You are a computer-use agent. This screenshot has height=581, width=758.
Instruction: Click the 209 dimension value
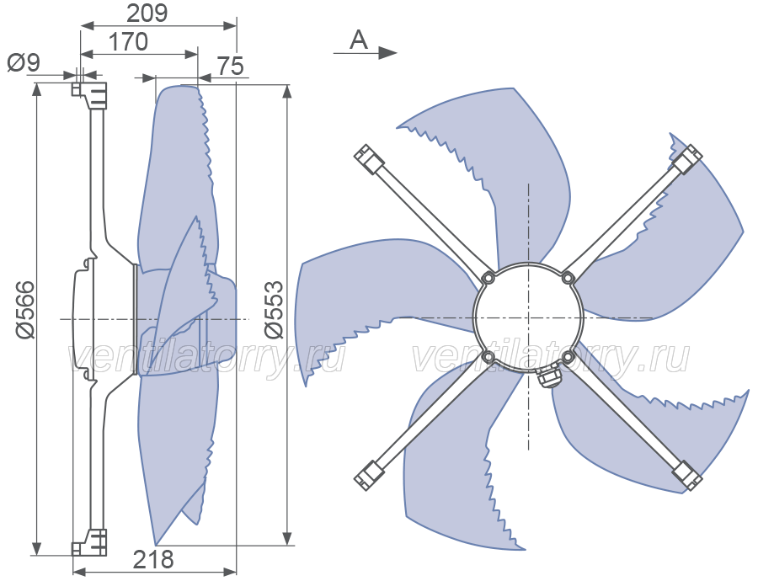click(x=147, y=13)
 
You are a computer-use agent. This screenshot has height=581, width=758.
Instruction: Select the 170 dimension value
click(x=128, y=42)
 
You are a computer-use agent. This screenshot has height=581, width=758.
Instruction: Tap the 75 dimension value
click(x=230, y=66)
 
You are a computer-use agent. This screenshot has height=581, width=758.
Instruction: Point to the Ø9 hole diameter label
click(x=24, y=63)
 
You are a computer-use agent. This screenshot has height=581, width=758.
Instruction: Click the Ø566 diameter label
click(x=24, y=309)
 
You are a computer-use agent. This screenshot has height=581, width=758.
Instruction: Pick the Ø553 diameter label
click(x=274, y=309)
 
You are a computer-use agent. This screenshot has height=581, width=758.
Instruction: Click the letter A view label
click(x=359, y=40)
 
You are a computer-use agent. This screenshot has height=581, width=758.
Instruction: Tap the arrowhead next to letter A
click(x=387, y=53)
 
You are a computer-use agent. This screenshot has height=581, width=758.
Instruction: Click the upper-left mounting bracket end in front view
click(x=370, y=158)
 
